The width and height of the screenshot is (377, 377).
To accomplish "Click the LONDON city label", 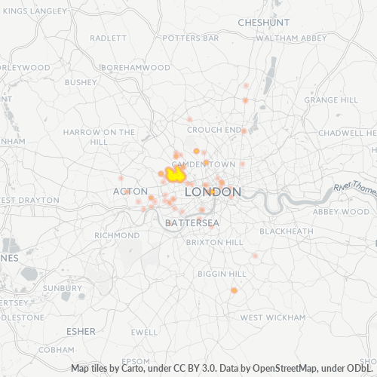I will tap(213, 192).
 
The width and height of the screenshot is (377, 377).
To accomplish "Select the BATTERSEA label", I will tap(192, 223).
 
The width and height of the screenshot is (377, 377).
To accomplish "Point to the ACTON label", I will tap(130, 192).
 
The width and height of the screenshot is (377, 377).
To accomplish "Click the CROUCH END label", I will tap(213, 130).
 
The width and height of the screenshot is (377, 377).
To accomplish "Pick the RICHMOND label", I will tap(117, 235).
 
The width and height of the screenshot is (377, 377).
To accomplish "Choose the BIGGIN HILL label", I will tap(222, 274).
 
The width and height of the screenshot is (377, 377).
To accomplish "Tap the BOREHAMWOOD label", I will tap(135, 67).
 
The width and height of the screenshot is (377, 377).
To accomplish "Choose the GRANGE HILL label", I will tap(331, 100).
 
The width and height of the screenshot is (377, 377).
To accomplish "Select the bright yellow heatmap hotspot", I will tap(176, 175).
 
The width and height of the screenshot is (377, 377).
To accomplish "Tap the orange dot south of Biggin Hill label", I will tap(234, 290).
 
